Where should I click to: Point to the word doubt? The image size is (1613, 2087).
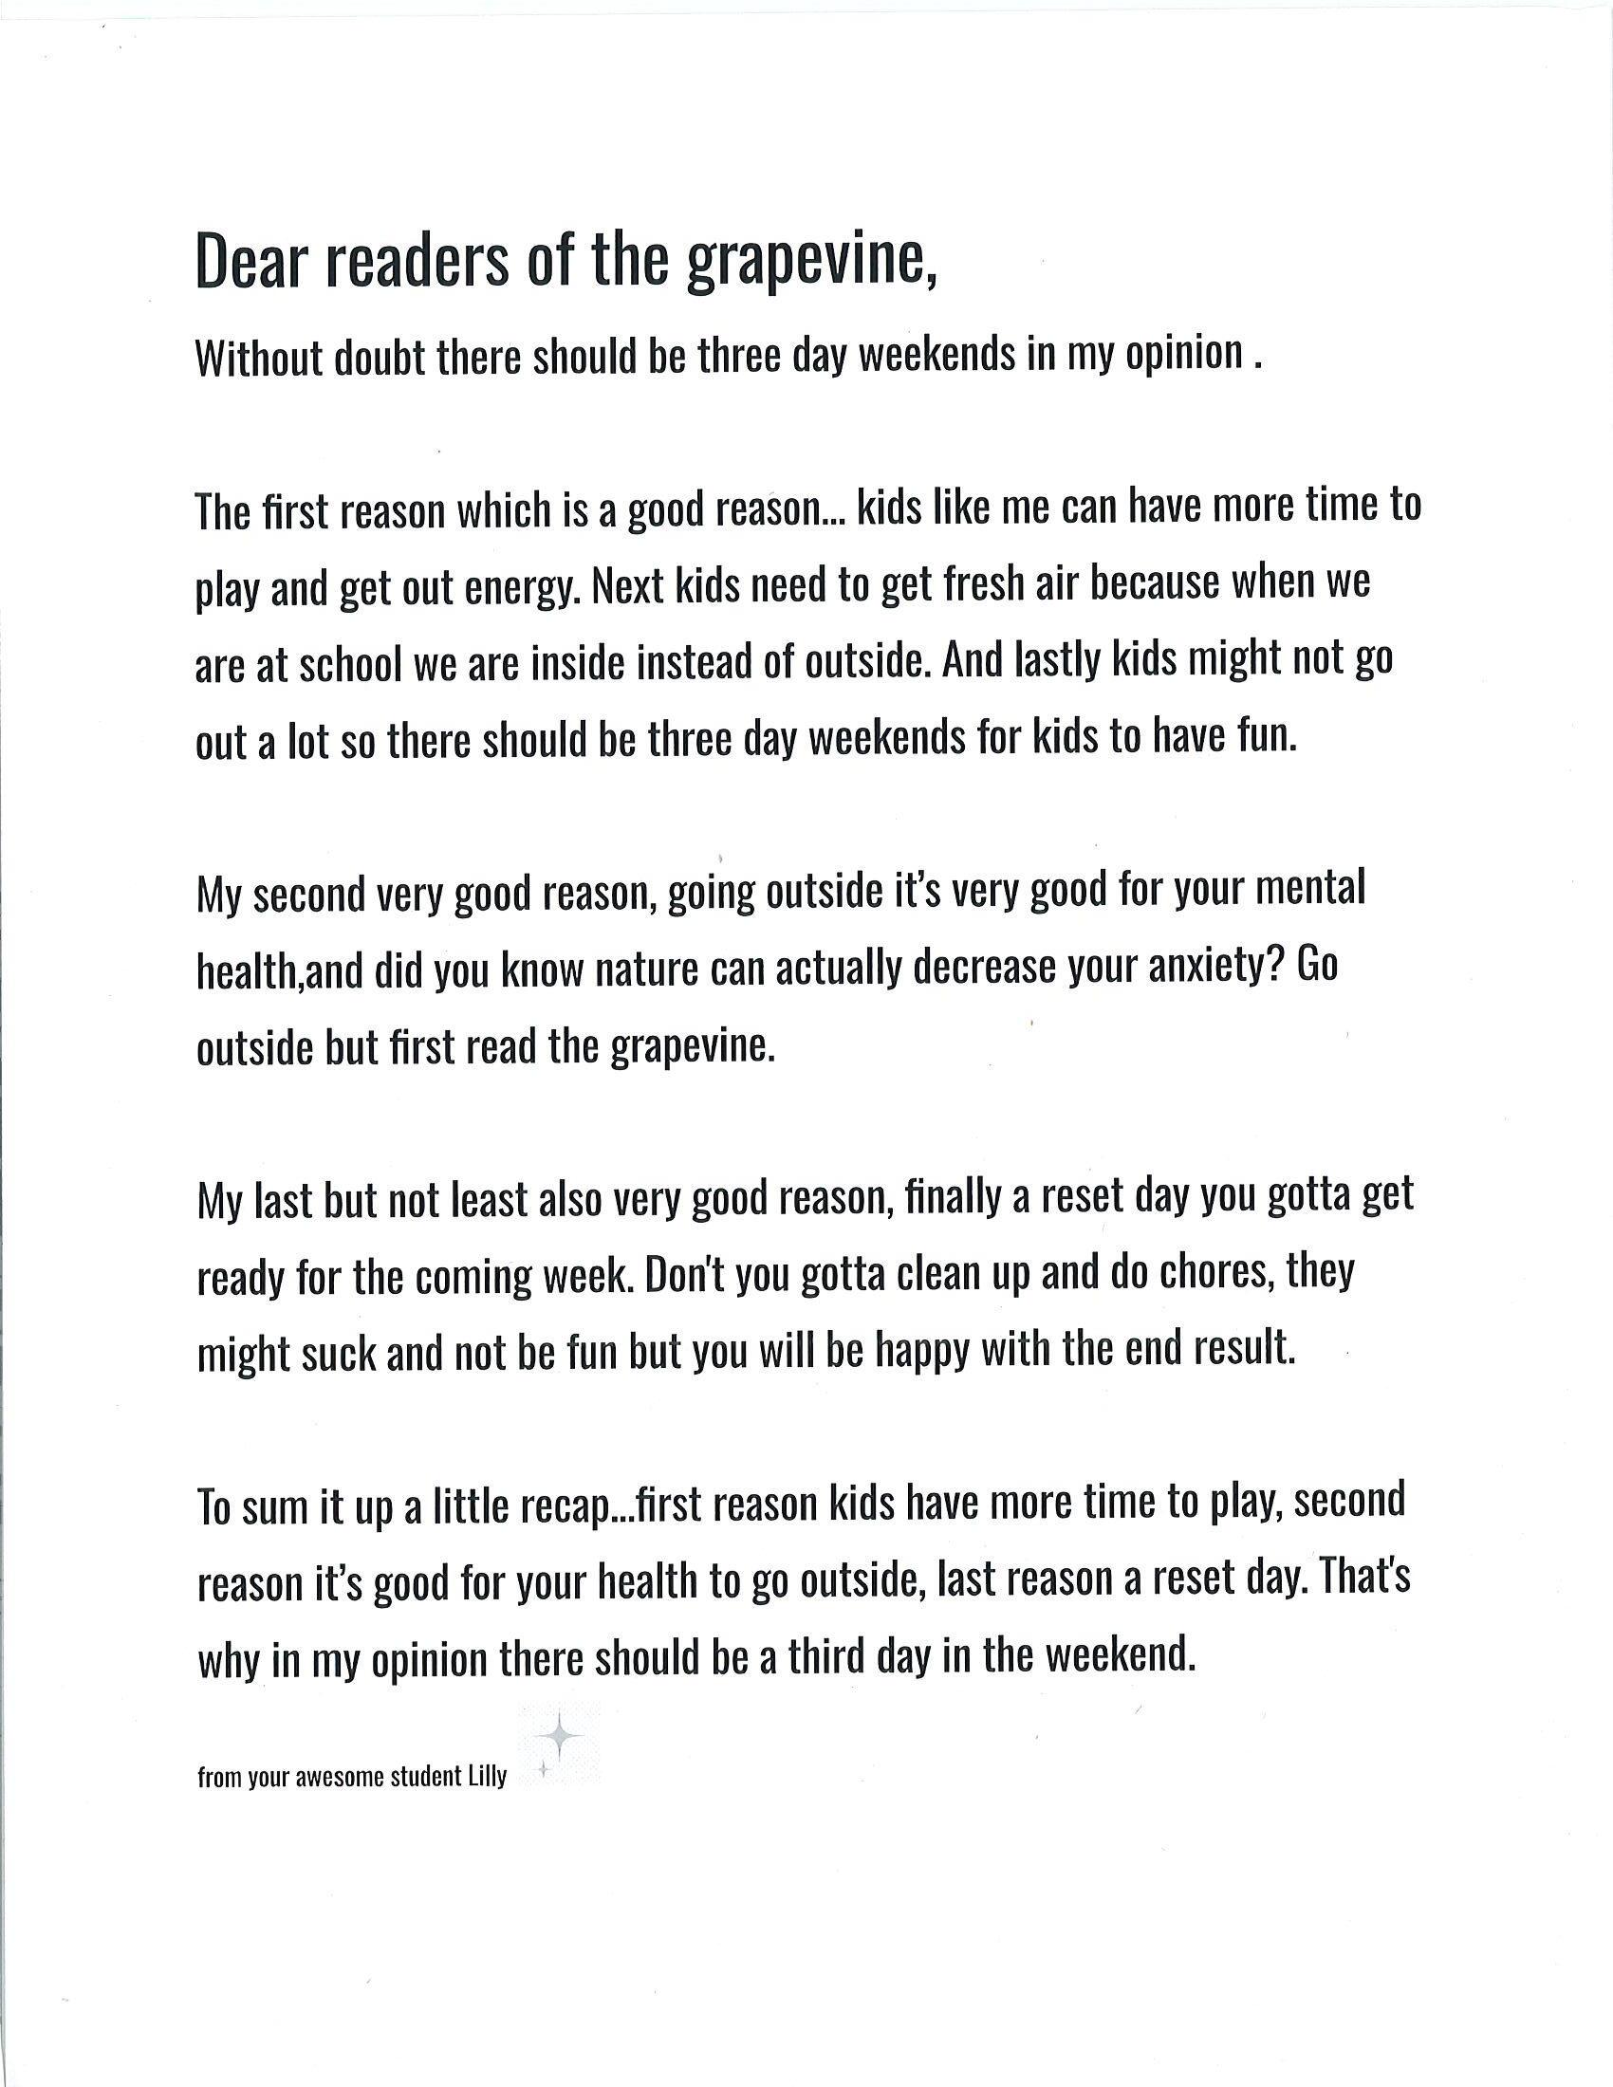pos(380,359)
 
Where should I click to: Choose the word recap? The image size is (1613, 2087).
pos(565,1505)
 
